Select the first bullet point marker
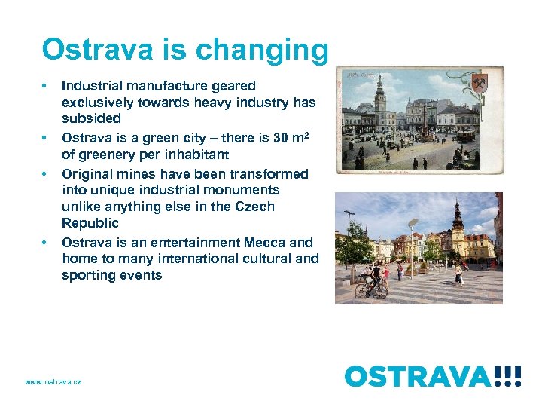[45, 86]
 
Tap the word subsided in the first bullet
[91, 118]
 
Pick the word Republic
[90, 223]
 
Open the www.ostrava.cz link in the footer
[53, 382]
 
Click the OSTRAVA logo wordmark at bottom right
[419, 375]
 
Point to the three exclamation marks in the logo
[507, 375]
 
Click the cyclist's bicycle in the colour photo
[371, 289]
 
